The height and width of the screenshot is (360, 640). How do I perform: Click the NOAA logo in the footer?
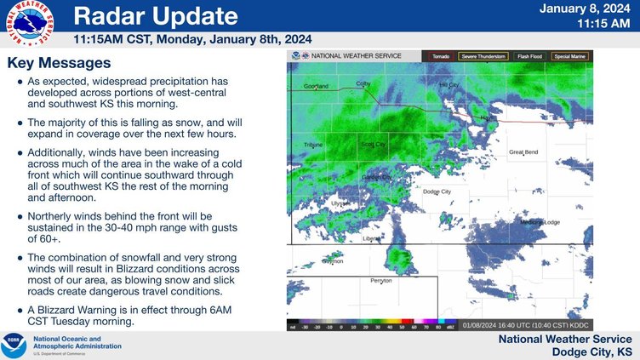click(x=14, y=345)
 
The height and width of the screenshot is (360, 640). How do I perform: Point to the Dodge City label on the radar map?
click(x=437, y=192)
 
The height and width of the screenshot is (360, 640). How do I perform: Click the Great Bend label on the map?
click(x=523, y=152)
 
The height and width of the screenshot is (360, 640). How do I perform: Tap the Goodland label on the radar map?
click(x=316, y=87)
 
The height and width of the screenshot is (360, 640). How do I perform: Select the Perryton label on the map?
click(x=382, y=280)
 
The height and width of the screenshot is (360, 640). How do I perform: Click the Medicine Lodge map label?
click(x=540, y=222)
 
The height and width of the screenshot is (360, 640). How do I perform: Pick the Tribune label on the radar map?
click(x=313, y=146)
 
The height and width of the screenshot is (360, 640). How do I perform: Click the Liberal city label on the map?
click(x=372, y=239)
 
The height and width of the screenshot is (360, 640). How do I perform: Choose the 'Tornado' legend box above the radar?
click(x=440, y=56)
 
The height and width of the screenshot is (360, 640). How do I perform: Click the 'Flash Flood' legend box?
click(x=529, y=56)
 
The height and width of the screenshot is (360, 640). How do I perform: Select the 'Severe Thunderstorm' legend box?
click(x=483, y=56)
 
